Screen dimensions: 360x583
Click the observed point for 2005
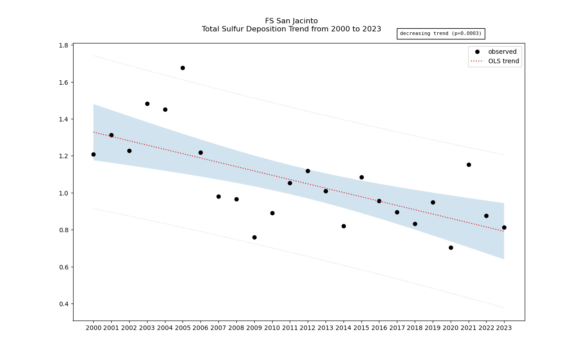point(183,68)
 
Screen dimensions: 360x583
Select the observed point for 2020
point(451,247)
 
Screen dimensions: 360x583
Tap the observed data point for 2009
point(254,237)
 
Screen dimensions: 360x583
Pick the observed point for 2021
point(469,165)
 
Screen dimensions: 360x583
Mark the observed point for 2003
point(147,104)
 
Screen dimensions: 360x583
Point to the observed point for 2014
point(344,226)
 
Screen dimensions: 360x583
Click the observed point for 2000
point(93,154)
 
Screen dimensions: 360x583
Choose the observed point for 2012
point(308,171)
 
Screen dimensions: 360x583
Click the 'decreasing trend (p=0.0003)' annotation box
point(440,34)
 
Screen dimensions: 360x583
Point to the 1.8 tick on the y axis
point(64,46)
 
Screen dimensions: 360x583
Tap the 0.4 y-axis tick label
point(64,304)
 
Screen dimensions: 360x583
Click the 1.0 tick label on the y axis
point(64,193)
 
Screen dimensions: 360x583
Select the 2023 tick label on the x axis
point(504,328)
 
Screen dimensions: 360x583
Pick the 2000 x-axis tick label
point(93,328)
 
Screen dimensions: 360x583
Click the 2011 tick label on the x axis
point(290,328)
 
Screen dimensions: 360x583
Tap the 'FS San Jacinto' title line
point(291,21)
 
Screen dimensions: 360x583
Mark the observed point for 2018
point(415,224)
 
